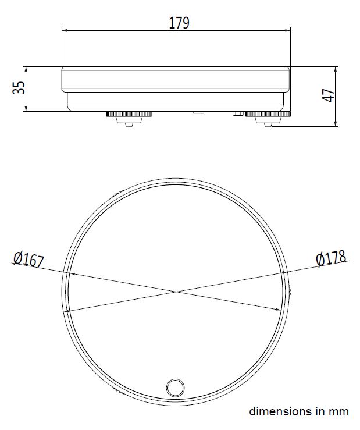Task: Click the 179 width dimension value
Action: click(x=179, y=23)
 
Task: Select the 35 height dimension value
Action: click(x=20, y=88)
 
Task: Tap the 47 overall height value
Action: click(x=329, y=96)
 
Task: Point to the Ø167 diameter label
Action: click(x=28, y=259)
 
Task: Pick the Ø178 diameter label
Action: click(x=331, y=257)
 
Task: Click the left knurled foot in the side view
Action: click(x=129, y=115)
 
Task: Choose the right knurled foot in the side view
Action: click(x=267, y=115)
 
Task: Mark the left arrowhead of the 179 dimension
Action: click(x=65, y=30)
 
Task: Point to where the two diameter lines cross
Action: click(x=176, y=292)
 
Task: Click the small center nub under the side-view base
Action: click(x=198, y=111)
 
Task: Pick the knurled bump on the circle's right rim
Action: click(x=288, y=291)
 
